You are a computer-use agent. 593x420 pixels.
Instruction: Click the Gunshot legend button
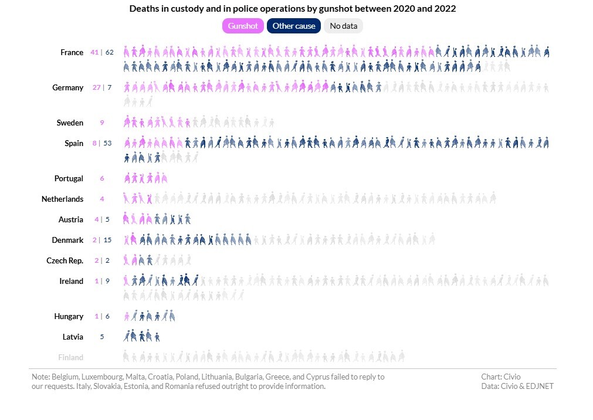[242, 26]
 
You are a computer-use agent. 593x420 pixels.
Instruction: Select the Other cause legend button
[293, 26]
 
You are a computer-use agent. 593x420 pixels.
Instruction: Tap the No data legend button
[343, 26]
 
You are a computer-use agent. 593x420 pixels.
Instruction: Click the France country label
[72, 52]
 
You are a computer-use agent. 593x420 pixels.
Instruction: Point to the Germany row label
[67, 87]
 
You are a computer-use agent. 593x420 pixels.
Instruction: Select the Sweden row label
[70, 123]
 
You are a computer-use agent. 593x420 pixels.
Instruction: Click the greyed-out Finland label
[70, 357]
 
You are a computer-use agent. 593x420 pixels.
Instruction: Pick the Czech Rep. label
[65, 260]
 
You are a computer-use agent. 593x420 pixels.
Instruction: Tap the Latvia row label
[73, 337]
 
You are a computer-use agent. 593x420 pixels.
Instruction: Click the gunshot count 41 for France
[94, 52]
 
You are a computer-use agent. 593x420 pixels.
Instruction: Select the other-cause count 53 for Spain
[107, 143]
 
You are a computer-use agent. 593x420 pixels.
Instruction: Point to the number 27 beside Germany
[97, 87]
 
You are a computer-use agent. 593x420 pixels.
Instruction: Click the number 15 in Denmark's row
[108, 240]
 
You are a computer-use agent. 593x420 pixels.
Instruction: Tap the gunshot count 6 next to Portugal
[102, 178]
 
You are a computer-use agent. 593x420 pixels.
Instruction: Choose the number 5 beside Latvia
[102, 337]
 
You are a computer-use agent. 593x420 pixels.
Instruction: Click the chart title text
[292, 9]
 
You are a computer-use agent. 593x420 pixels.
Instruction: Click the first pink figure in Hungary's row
[127, 317]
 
